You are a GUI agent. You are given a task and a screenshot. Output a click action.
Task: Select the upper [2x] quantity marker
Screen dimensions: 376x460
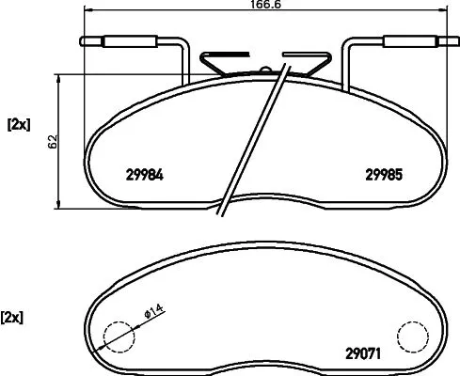[x=19, y=123]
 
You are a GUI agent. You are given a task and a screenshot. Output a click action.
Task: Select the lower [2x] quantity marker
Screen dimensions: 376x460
[x=13, y=316]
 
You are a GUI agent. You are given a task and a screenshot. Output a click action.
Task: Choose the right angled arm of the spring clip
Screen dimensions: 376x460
[x=317, y=64]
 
